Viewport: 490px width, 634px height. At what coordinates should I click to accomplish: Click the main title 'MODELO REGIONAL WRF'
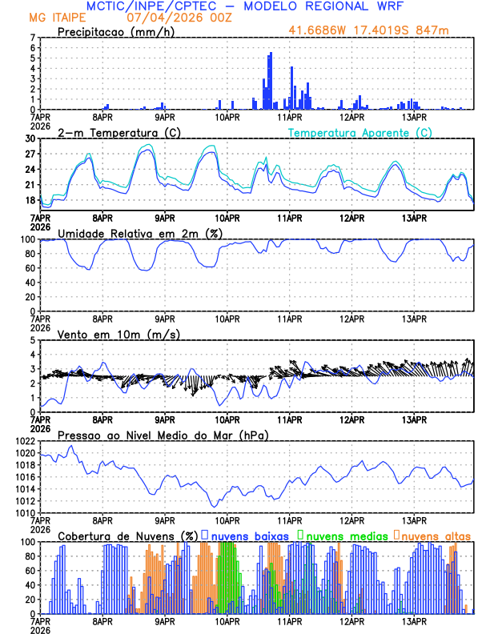tap(328, 6)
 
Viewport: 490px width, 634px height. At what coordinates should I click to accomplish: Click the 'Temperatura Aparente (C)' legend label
tap(359, 132)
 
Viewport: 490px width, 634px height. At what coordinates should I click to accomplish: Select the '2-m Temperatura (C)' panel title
tap(117, 132)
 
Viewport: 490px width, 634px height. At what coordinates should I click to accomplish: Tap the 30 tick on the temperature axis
tap(30, 138)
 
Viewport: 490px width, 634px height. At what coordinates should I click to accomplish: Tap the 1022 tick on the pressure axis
tap(25, 441)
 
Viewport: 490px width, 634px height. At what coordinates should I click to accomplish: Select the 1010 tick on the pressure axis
tap(25, 512)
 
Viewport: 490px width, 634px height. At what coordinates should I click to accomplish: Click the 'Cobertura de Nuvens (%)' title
tap(127, 535)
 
